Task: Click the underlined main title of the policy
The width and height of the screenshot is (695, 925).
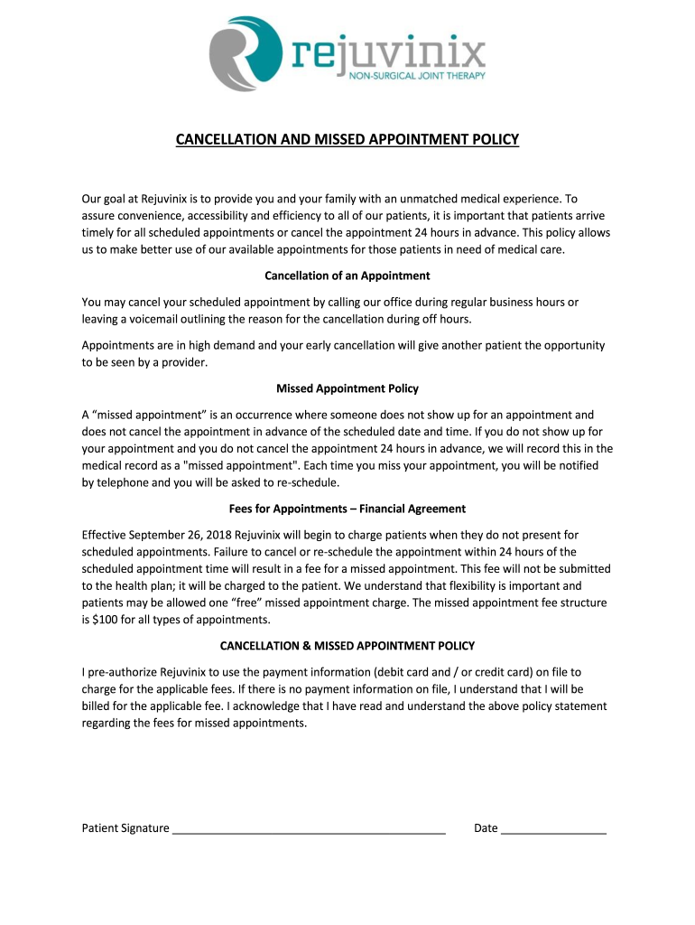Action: pos(347,140)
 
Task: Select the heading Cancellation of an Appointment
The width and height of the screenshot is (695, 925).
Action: pos(347,276)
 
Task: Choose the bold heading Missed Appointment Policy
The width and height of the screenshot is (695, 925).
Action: pos(347,388)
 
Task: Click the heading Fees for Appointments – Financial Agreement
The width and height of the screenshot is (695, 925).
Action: pos(347,509)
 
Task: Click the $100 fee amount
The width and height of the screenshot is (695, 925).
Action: pos(107,620)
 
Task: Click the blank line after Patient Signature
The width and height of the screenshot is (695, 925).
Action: pos(309,827)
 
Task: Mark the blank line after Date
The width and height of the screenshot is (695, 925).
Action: pos(553,827)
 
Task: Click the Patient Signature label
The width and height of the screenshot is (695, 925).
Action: pos(125,827)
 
